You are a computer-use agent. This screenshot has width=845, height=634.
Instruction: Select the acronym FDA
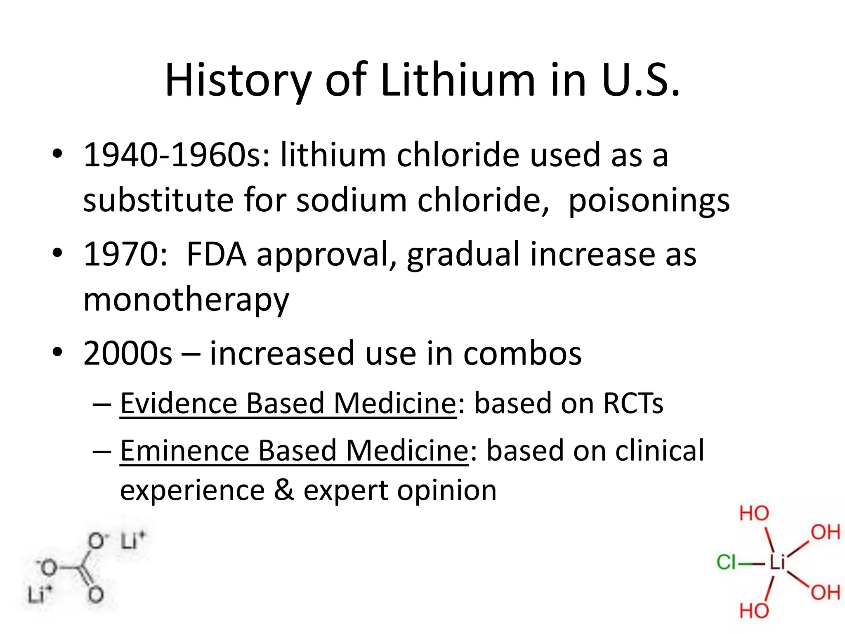point(216,254)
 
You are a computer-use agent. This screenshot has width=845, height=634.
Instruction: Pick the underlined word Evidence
point(179,403)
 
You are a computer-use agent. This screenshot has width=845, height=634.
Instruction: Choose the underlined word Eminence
point(184,450)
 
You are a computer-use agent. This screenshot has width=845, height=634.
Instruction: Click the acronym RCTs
point(633,403)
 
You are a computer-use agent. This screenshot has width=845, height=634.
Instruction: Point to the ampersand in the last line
point(284,490)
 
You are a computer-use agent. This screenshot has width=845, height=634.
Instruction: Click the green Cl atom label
point(726,562)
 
